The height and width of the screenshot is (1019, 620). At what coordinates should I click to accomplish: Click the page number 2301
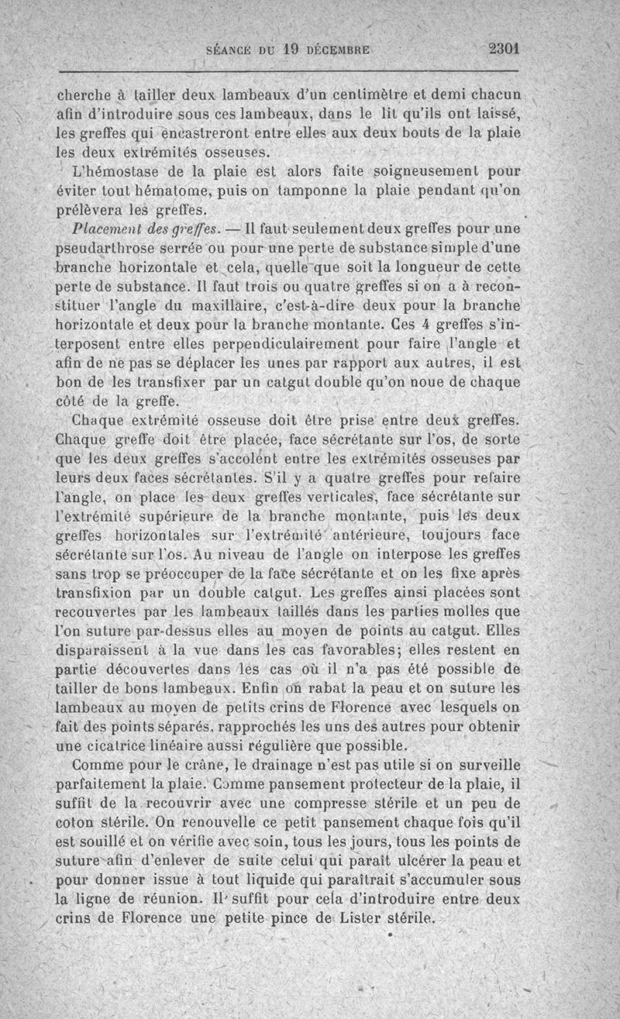pyautogui.click(x=503, y=47)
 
